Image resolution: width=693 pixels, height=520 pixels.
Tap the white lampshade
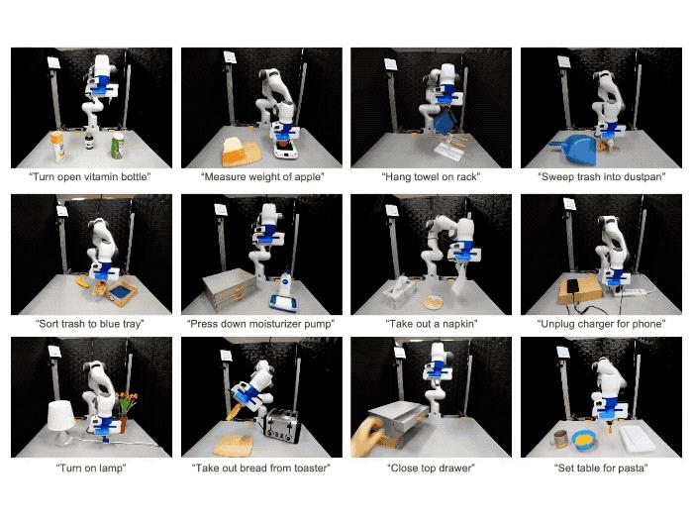61,416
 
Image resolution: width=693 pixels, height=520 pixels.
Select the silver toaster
282,426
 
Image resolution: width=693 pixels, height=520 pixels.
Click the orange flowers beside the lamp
127,401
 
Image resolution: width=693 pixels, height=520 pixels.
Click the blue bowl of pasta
584,440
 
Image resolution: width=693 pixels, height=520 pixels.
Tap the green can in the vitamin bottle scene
117,146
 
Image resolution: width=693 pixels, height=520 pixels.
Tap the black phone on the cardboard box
573,285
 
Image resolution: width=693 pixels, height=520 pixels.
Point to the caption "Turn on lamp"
91,468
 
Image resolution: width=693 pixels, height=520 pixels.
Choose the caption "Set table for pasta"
601,468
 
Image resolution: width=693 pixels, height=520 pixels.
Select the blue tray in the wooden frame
120,292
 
